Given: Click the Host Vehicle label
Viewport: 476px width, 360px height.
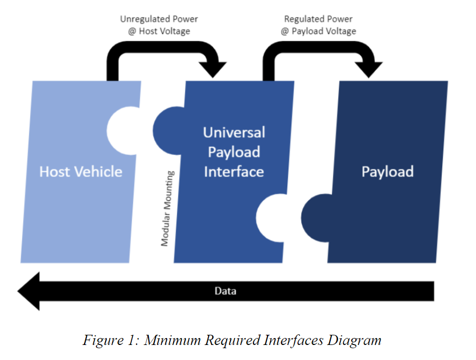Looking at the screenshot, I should coord(81,172).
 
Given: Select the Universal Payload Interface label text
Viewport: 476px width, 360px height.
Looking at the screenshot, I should coord(234,152).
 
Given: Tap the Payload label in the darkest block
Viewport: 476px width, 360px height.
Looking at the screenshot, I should coord(387,172).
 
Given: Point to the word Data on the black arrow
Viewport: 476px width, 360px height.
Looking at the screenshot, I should coord(225,291).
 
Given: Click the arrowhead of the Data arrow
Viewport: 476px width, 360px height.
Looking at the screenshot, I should coord(29,291).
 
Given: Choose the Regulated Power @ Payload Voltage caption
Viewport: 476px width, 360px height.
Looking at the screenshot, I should coord(318,25).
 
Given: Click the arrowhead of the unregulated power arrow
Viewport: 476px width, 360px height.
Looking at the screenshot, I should coord(217,69).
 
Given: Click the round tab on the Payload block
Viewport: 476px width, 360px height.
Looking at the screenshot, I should coord(315,217).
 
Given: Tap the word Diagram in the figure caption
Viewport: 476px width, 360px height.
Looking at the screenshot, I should coord(357,340).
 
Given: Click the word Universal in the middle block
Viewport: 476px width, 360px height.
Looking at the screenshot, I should coord(234,132).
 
